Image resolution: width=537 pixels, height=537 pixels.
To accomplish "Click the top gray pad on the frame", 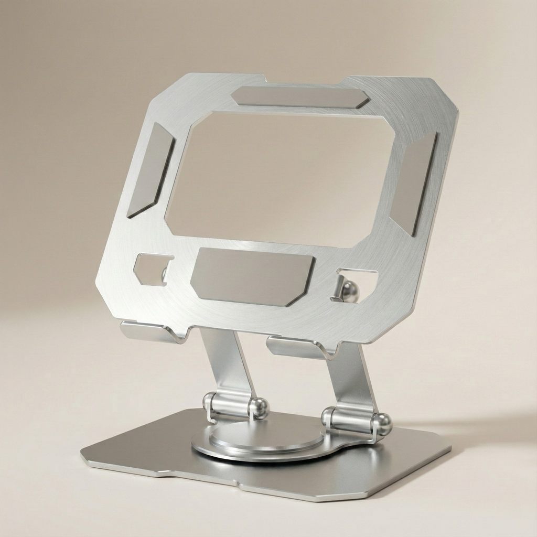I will tap(300, 97).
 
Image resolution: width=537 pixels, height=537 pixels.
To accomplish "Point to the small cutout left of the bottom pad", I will tap(153, 269).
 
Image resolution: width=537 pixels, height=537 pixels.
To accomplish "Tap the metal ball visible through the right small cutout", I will tap(349, 292).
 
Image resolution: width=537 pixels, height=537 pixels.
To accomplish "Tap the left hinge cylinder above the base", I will tap(231, 405).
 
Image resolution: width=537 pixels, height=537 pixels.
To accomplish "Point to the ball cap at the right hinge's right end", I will tap(384, 424).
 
